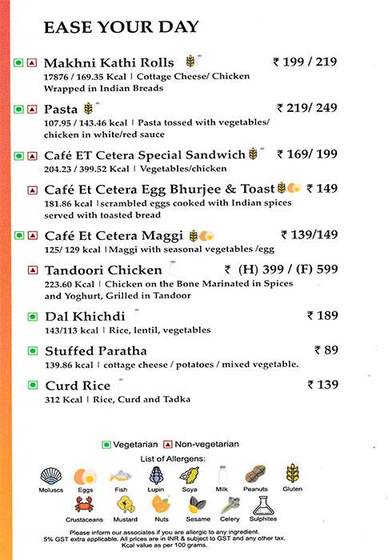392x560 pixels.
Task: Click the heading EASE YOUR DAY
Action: [x=121, y=27]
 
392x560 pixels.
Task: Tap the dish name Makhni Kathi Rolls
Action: [x=111, y=62]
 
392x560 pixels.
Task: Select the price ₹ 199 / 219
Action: [x=306, y=61]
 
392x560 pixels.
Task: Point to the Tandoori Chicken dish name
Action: [x=103, y=270]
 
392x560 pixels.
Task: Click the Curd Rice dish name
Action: [x=77, y=385]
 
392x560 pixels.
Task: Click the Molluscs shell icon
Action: [x=51, y=475]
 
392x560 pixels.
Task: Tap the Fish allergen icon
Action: [x=121, y=474]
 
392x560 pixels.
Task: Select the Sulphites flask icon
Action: [x=264, y=504]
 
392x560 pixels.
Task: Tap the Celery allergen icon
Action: [x=230, y=505]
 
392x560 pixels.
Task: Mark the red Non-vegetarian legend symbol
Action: [x=168, y=444]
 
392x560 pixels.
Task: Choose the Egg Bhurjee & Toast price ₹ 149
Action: [x=326, y=189]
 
